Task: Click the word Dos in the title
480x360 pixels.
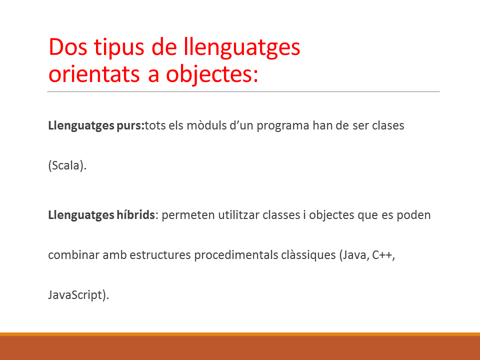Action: coord(68,47)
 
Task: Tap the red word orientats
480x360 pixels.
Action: coord(94,74)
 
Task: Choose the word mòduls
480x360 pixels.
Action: coord(206,125)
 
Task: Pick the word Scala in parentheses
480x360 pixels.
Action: coord(65,165)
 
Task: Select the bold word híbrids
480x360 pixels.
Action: coord(135,215)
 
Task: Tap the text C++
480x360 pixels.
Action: coord(382,255)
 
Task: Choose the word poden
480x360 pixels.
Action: coord(413,215)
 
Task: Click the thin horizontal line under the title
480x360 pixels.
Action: coord(243,91)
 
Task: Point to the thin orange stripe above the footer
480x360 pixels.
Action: coord(240,334)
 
